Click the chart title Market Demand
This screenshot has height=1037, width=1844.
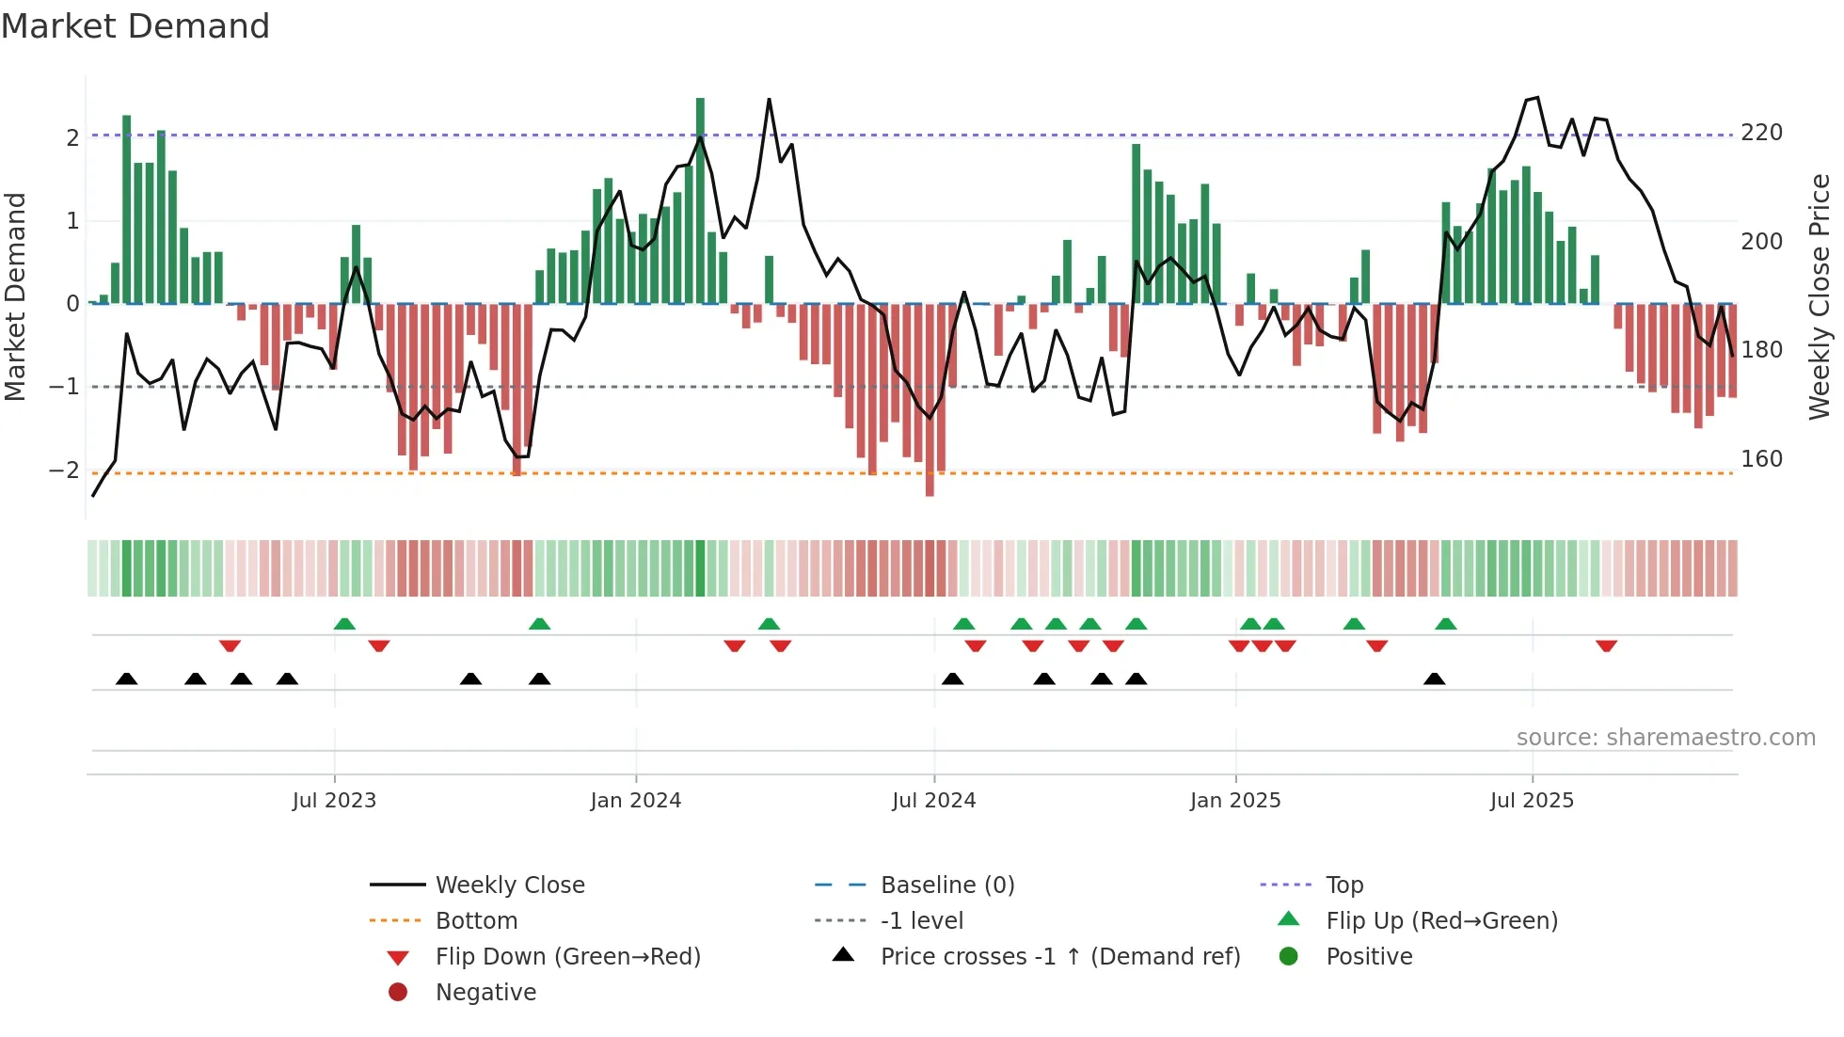pyautogui.click(x=135, y=26)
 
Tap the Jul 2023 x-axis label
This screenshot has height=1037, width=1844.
pyautogui.click(x=334, y=801)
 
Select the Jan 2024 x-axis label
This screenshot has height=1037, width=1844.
pyautogui.click(x=635, y=801)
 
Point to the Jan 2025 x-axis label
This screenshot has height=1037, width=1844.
pyautogui.click(x=1234, y=801)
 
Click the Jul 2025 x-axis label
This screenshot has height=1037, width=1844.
pyautogui.click(x=1532, y=801)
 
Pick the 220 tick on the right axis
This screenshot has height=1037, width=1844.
pyautogui.click(x=1761, y=133)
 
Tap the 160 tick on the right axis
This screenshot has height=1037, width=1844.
pyautogui.click(x=1761, y=459)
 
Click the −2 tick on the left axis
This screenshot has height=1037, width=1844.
pyautogui.click(x=64, y=470)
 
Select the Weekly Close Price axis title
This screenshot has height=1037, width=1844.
pyautogui.click(x=1820, y=296)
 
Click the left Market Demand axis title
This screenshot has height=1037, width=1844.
pyautogui.click(x=16, y=296)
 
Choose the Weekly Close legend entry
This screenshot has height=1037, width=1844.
pyautogui.click(x=509, y=885)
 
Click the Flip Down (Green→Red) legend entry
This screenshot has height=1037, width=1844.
pyautogui.click(x=567, y=957)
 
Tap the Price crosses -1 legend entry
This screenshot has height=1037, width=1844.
pyautogui.click(x=1059, y=957)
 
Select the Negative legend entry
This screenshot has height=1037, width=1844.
pyautogui.click(x=485, y=993)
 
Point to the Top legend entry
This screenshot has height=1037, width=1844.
pyautogui.click(x=1343, y=885)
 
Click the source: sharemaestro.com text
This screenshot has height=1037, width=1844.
pyautogui.click(x=1665, y=738)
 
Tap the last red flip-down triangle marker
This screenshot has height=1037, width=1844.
pyautogui.click(x=1606, y=646)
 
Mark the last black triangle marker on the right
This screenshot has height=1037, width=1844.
pyautogui.click(x=1434, y=678)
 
